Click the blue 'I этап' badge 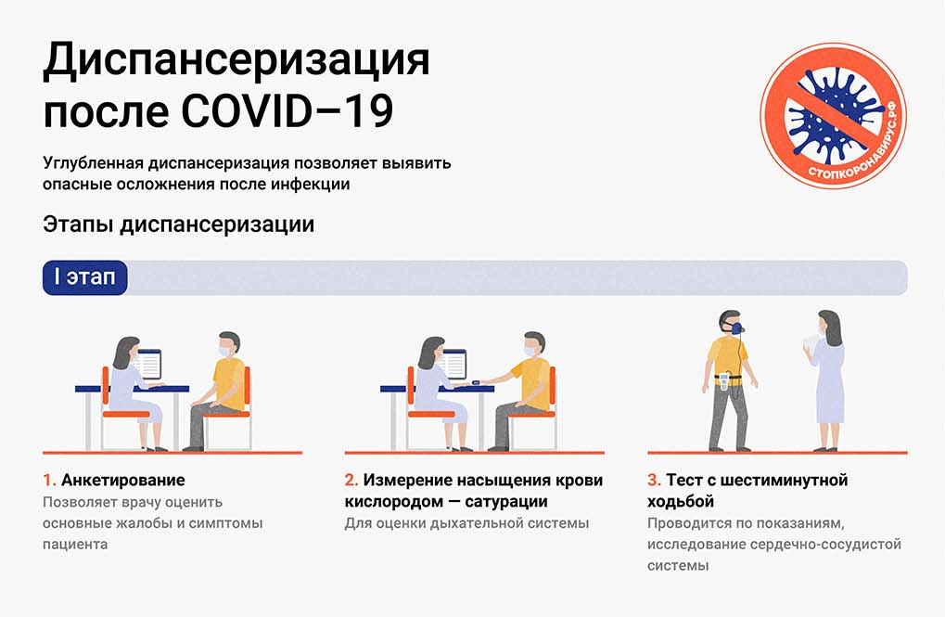85,277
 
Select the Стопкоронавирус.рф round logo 833,115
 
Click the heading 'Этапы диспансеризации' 178,225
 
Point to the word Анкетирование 123,480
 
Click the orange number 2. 351,480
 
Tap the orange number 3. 654,480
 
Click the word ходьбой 681,501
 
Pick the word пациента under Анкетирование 75,545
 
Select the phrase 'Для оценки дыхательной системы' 466,523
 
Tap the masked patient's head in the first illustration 228,345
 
